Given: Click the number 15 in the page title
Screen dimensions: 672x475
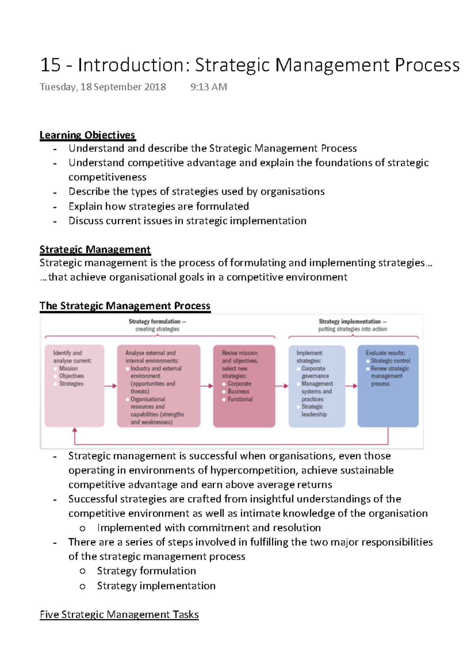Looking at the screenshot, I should (50, 65).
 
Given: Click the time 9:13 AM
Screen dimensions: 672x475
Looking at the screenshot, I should (209, 87).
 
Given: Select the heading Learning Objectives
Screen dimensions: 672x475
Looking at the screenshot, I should (87, 135).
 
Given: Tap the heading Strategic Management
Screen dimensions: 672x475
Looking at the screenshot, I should (95, 249).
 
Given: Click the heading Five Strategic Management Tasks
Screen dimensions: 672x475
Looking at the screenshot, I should (119, 615).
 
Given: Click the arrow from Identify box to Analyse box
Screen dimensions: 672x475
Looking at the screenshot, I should (111, 386).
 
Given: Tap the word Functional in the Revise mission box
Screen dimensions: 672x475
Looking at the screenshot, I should (240, 399).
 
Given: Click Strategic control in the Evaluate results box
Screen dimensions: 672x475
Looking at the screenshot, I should (390, 361).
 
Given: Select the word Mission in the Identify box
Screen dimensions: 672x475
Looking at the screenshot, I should (68, 368).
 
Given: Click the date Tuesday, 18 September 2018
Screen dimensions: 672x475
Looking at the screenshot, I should (103, 87).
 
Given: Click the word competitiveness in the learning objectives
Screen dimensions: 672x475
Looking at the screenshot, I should (107, 177).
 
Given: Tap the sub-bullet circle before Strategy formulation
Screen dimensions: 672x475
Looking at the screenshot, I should (82, 571).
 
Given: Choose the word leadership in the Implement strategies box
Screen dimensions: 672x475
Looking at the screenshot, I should (314, 414).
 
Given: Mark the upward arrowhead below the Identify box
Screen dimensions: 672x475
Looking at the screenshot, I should (75, 430).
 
